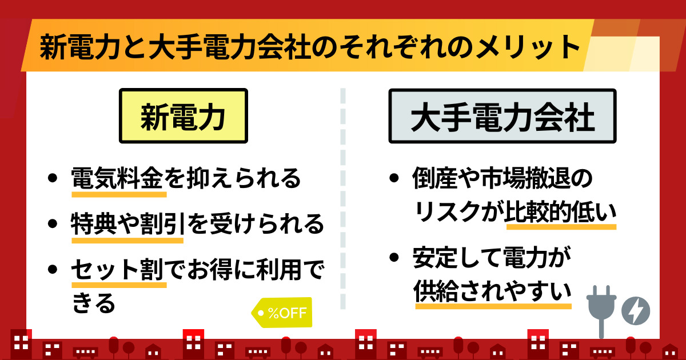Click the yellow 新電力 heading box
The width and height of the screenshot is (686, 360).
184,115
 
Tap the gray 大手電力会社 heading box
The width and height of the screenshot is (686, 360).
502,116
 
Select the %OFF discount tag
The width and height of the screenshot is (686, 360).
282,313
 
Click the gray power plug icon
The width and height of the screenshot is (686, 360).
601,311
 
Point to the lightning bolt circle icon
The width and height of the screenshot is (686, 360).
636,311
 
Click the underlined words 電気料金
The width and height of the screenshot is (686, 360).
117,178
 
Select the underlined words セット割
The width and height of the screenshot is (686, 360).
117,269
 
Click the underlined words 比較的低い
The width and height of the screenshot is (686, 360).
561,211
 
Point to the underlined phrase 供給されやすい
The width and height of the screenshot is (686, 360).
493,291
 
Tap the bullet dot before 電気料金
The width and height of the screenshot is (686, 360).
53,178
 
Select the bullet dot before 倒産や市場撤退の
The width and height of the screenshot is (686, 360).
394,178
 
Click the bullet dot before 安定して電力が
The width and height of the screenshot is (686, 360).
394,257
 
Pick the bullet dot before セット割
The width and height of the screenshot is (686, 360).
53,269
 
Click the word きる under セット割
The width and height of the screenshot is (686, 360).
94,302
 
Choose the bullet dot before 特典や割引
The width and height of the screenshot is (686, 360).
53,224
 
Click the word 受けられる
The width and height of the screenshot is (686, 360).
267,224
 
